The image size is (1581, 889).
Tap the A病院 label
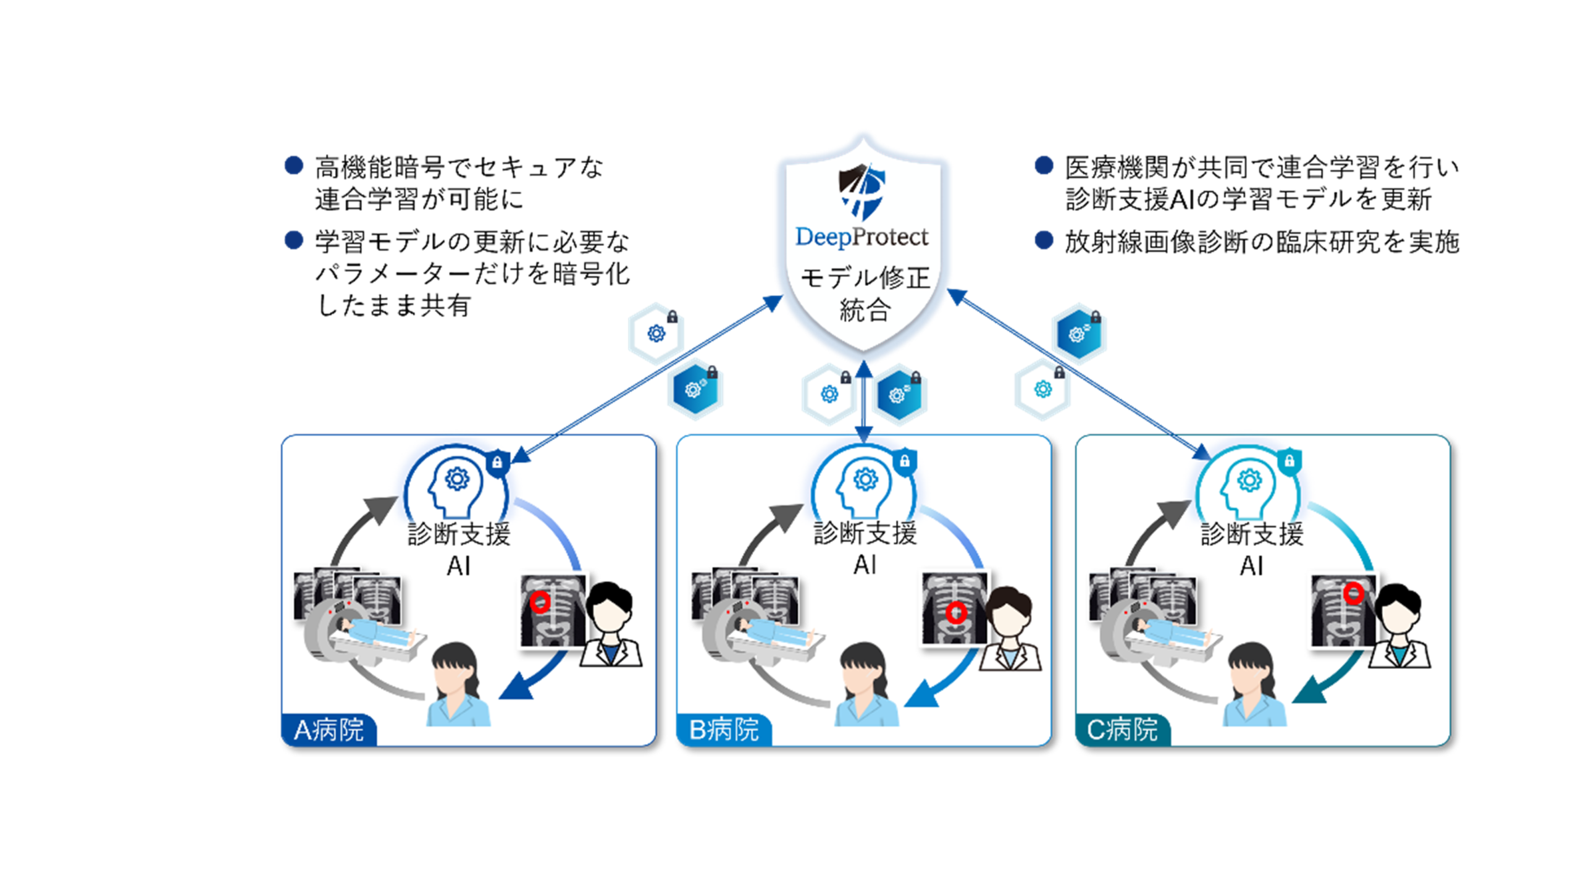pyautogui.click(x=329, y=730)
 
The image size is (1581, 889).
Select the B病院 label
pyautogui.click(x=724, y=730)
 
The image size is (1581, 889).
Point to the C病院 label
pyautogui.click(x=1122, y=730)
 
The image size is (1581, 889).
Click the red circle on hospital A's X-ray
pyautogui.click(x=540, y=601)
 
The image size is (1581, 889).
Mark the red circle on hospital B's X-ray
pyautogui.click(x=956, y=612)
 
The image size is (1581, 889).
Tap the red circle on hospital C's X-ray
pyautogui.click(x=1354, y=593)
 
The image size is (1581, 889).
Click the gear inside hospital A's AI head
pyautogui.click(x=457, y=478)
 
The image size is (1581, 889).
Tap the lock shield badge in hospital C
pyautogui.click(x=1290, y=461)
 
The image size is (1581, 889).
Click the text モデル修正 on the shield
pyautogui.click(x=865, y=279)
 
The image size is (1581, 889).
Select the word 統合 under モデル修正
pyautogui.click(x=865, y=310)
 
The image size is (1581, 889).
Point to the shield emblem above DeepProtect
pyautogui.click(x=862, y=191)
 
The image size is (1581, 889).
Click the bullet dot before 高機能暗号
pyautogui.click(x=294, y=166)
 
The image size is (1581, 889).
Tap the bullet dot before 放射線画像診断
pyautogui.click(x=1044, y=240)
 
